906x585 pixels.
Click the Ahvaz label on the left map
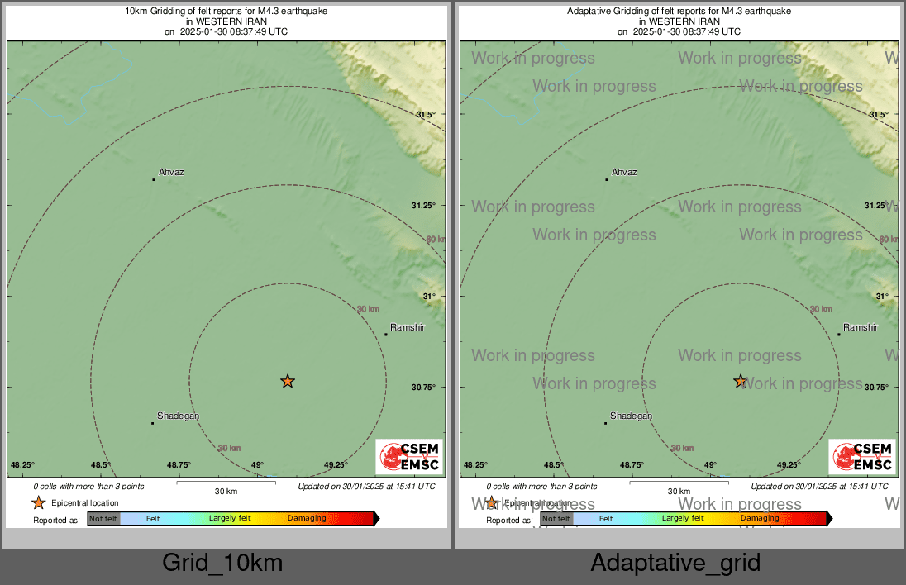pyautogui.click(x=171, y=172)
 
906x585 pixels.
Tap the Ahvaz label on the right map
pyautogui.click(x=624, y=172)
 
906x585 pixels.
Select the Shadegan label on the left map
pyautogui.click(x=178, y=416)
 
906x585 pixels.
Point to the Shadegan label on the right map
pyautogui.click(x=631, y=416)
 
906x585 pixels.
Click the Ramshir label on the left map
pyautogui.click(x=407, y=328)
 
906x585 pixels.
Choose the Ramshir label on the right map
pyautogui.click(x=860, y=328)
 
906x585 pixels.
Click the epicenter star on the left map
pyautogui.click(x=287, y=381)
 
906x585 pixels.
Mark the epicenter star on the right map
pyautogui.click(x=740, y=381)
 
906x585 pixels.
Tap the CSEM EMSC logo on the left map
pyautogui.click(x=409, y=457)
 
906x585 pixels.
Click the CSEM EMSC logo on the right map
pyautogui.click(x=862, y=457)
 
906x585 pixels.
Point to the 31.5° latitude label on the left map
pyautogui.click(x=425, y=114)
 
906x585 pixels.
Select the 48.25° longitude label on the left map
pyautogui.click(x=22, y=465)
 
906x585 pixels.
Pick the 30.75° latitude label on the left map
pyautogui.click(x=424, y=387)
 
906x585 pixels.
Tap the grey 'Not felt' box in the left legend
pyautogui.click(x=103, y=519)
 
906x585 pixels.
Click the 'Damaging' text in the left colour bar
pyautogui.click(x=307, y=519)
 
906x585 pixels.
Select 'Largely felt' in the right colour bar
pyautogui.click(x=683, y=519)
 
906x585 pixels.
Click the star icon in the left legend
pyautogui.click(x=38, y=502)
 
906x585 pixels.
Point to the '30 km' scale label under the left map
pyautogui.click(x=226, y=492)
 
